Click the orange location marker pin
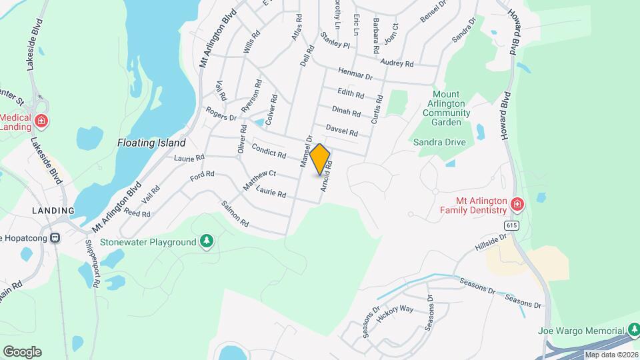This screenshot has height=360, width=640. point(320,159)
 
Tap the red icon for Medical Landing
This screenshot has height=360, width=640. point(41,121)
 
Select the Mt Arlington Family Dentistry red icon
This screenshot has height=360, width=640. point(516,203)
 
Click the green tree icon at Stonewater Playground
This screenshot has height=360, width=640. point(207,241)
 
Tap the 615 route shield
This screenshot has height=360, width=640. point(511,226)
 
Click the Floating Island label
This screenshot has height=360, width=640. point(151,143)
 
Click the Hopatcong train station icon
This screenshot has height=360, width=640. point(56,237)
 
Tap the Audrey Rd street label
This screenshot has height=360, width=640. point(397,63)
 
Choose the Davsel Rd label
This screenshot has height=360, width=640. point(342,130)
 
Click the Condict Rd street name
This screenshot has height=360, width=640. point(268,151)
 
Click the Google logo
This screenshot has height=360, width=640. point(22,351)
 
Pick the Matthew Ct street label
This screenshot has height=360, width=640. point(259,180)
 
